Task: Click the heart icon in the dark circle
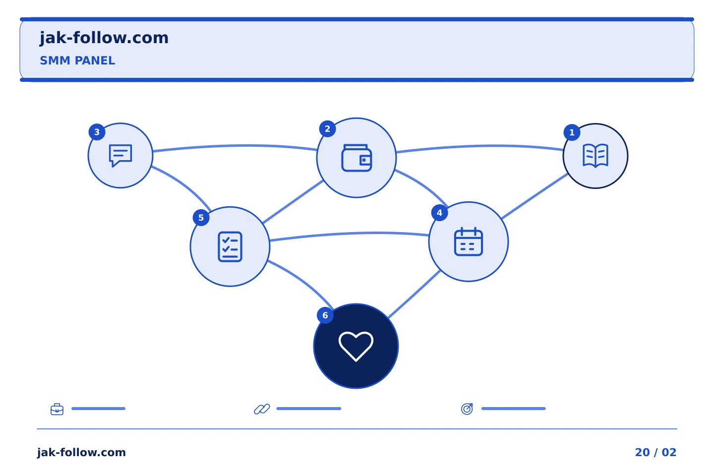[x=356, y=346]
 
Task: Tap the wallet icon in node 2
[x=357, y=158]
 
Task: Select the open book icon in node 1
[x=595, y=156]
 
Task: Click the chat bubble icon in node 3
[x=120, y=155]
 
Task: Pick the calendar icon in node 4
[x=468, y=241]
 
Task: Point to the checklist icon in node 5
[x=230, y=247]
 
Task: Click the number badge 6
[x=325, y=315]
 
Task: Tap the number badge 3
[x=97, y=132]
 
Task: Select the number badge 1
[x=572, y=132]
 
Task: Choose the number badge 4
[x=439, y=213]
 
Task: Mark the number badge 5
[x=201, y=218]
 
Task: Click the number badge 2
[x=327, y=129]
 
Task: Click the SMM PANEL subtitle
[x=77, y=60]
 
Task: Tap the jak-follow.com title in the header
[x=104, y=38]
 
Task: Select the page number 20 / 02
[x=655, y=452]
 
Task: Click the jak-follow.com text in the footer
[x=81, y=452]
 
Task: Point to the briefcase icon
[x=57, y=409]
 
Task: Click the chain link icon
[x=262, y=409]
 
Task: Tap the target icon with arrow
[x=467, y=409]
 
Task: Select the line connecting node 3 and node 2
[x=235, y=146]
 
